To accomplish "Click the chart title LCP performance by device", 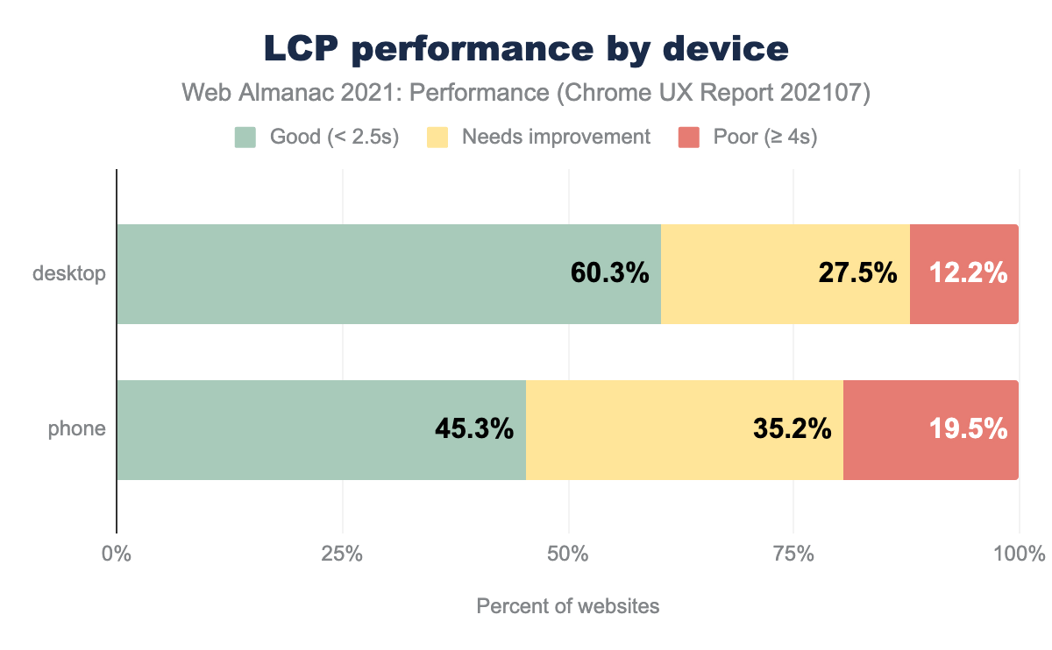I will tap(526, 50).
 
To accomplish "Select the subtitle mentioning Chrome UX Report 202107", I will tap(526, 93).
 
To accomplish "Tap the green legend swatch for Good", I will tap(245, 138).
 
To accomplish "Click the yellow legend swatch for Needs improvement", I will tap(437, 138).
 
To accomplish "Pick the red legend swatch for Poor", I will tap(689, 138).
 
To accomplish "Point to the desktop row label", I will tap(69, 273).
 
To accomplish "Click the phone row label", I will tap(77, 429).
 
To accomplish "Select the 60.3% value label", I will tap(609, 273).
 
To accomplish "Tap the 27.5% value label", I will tap(857, 273).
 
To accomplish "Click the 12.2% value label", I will tap(970, 273).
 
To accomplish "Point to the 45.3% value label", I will tap(473, 429).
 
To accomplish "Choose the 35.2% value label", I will tap(792, 429).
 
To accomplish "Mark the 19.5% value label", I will tap(968, 429).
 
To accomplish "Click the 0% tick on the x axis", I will tap(116, 555).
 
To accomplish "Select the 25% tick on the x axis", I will tap(342, 555).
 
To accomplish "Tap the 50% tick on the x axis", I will tap(568, 555).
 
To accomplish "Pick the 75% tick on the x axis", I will tap(793, 555).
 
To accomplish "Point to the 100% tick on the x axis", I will tap(1019, 555).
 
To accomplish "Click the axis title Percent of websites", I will tap(567, 606).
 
